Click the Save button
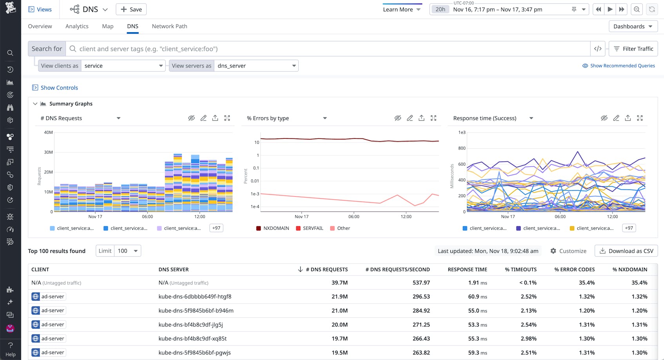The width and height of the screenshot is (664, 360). pos(131,9)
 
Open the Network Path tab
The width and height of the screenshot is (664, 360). pos(169,26)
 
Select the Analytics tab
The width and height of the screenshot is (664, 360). pos(77,26)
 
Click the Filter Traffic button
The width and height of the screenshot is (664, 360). pos(633,49)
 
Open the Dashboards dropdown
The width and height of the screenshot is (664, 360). pos(633,26)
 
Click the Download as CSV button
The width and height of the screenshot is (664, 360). pos(626,251)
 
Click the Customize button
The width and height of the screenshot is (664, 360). pos(568,251)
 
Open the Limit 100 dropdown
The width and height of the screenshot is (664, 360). pos(127,251)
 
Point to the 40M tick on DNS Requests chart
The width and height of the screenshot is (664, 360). pos(48,133)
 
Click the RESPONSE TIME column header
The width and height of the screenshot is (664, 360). pos(467,269)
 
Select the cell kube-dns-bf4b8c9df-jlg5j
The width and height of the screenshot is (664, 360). pos(190,325)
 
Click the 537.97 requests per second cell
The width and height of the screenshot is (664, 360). pos(421,283)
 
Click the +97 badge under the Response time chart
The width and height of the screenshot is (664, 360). pos(629,228)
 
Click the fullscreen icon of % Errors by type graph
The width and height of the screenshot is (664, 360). pos(434,118)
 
